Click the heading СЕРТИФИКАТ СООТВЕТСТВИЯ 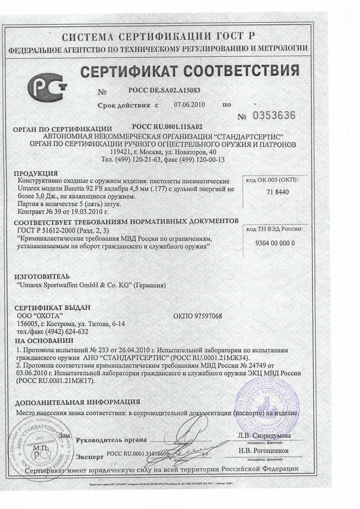tap(189, 71)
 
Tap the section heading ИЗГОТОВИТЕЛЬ tap(42, 276)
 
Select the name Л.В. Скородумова tap(264, 435)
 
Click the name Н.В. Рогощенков tap(263, 450)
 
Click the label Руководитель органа tap(111, 440)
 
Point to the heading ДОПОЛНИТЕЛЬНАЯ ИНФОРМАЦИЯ tap(77, 402)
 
